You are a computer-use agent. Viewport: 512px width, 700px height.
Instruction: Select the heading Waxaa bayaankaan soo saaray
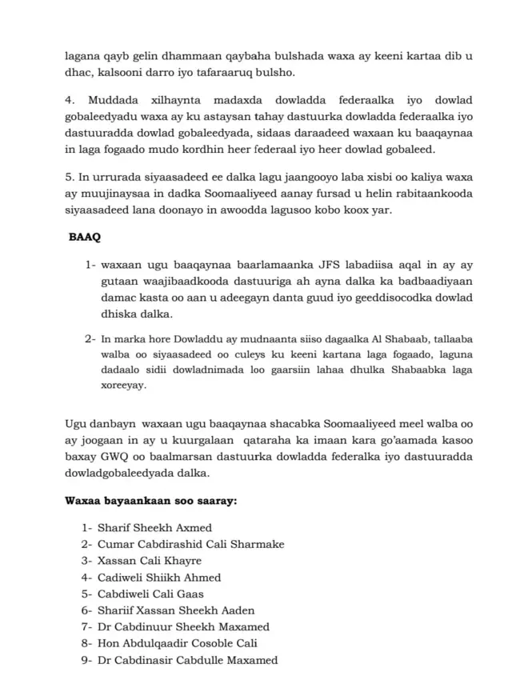coord(150,502)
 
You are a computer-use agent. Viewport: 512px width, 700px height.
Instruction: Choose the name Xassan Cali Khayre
coord(150,561)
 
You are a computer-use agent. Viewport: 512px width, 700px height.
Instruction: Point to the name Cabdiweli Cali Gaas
coord(150,594)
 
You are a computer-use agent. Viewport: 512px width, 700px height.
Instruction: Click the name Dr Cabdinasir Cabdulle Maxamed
coord(187,660)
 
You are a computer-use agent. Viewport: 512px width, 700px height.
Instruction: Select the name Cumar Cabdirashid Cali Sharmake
coord(190,545)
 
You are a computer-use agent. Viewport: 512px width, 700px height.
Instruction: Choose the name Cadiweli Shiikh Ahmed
coord(159,578)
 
